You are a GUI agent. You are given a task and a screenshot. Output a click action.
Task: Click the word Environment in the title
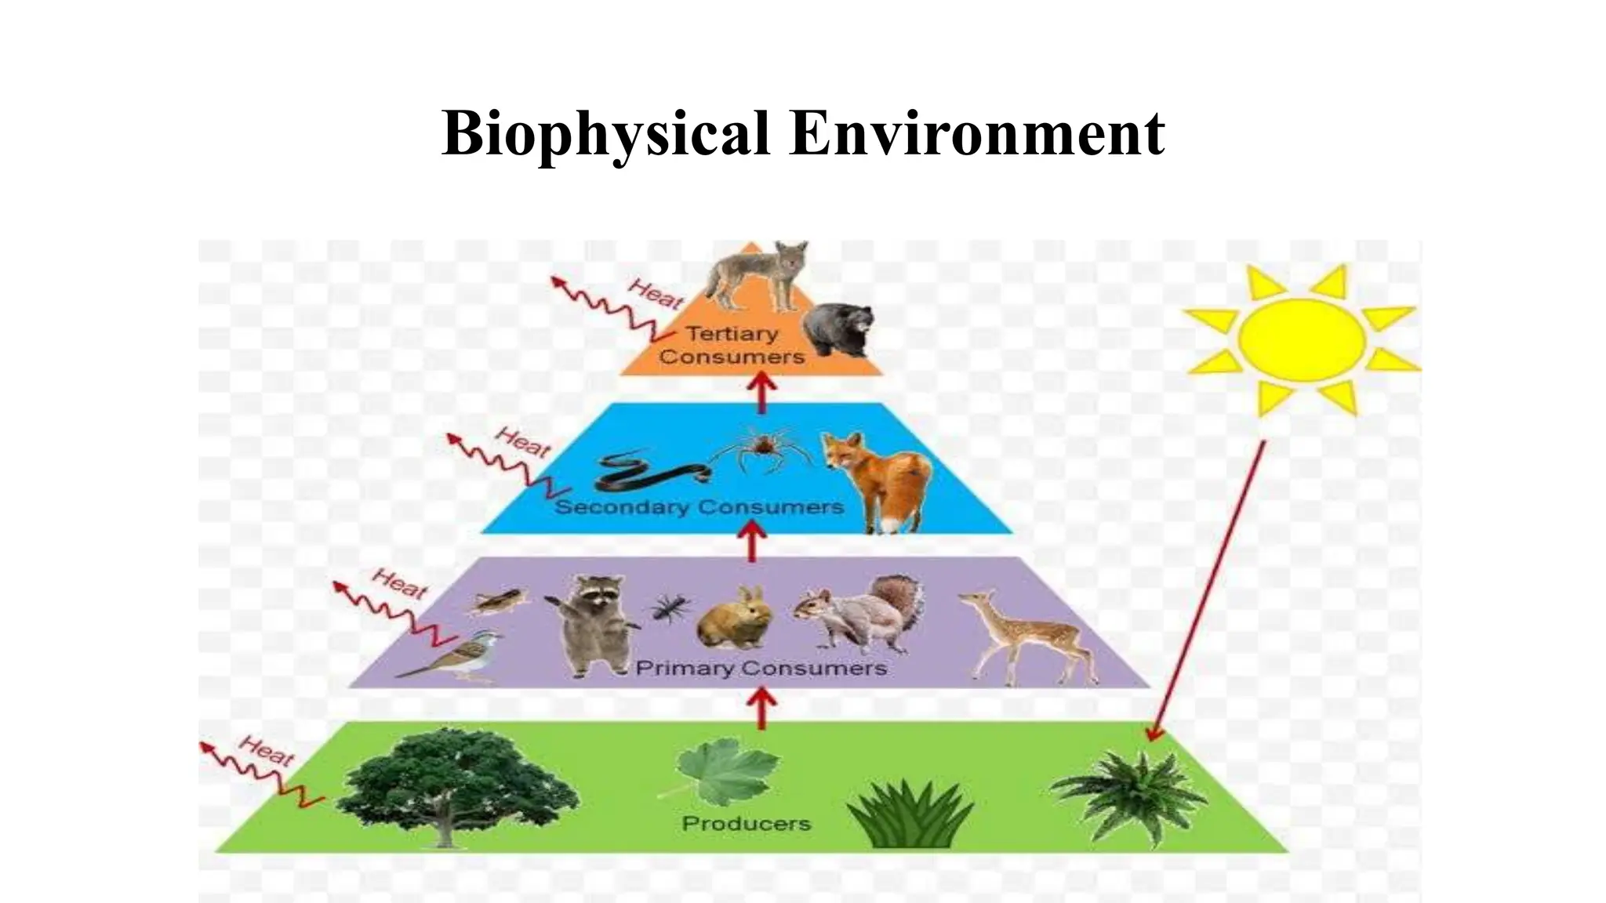[977, 133]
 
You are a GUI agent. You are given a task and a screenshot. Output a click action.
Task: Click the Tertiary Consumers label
[732, 345]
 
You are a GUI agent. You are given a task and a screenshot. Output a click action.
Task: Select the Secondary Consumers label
[699, 507]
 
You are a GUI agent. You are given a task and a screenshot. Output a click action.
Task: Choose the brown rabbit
[734, 619]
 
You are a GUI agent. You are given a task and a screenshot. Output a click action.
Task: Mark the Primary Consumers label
[761, 669]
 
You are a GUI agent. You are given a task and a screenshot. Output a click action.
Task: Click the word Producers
[746, 823]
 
